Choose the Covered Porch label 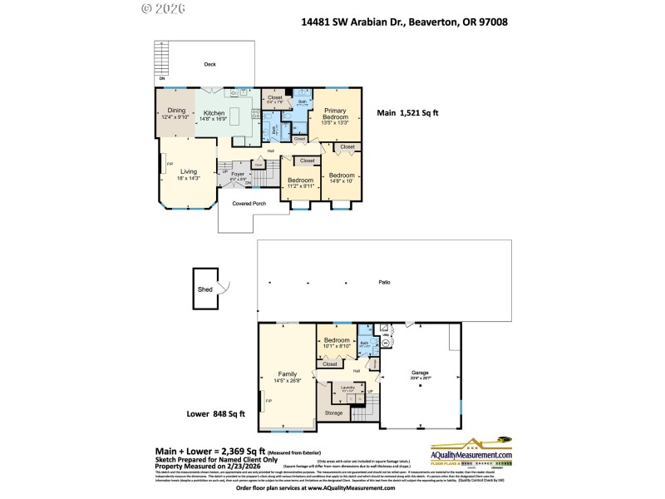(x=249, y=203)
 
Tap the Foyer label (x=238, y=176)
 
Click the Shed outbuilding (x=204, y=289)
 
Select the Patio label (x=384, y=283)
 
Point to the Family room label (x=288, y=376)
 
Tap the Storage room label (x=333, y=413)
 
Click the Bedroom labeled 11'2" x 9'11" (x=300, y=183)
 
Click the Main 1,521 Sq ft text (x=407, y=112)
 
